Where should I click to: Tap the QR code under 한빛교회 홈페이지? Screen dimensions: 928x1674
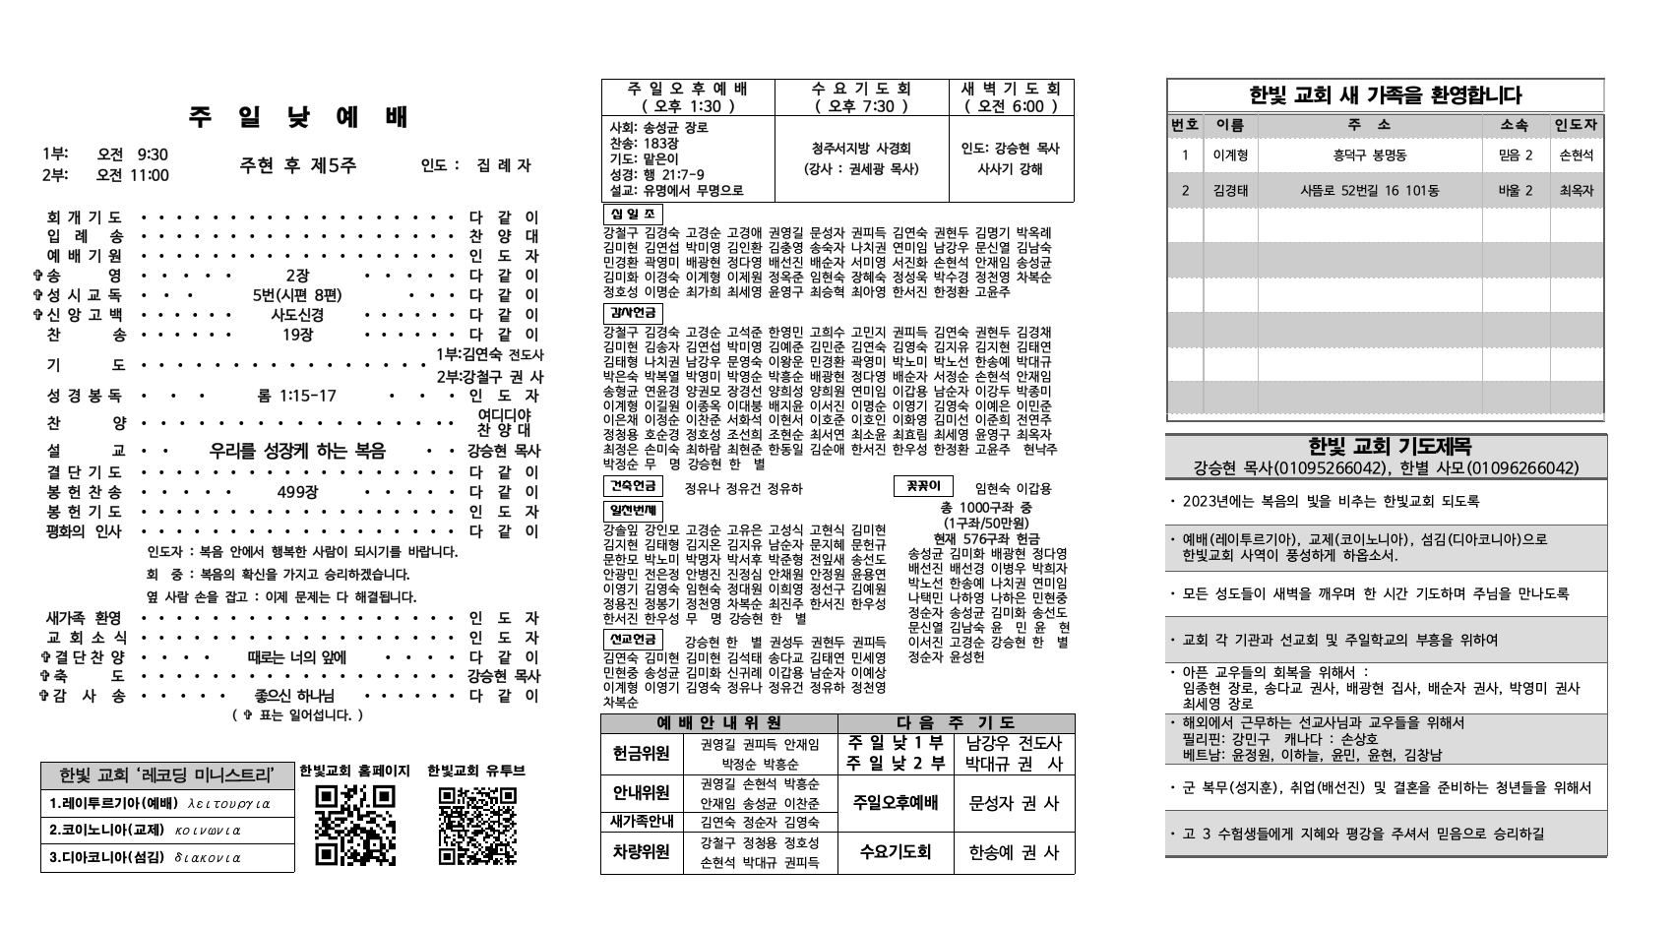(x=355, y=825)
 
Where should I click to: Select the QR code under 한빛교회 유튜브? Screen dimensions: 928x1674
(x=476, y=825)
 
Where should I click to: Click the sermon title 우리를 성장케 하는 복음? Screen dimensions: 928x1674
(x=297, y=451)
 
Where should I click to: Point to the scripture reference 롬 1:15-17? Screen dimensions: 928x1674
(x=296, y=396)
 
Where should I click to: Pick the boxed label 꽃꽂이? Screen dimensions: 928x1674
(x=923, y=485)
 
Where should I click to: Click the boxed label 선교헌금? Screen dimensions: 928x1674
(x=632, y=639)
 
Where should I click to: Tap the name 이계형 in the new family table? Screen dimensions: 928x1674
(x=1230, y=155)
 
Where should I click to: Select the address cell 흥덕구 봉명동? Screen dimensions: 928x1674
(x=1370, y=155)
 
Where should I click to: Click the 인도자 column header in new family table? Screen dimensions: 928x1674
(x=1576, y=125)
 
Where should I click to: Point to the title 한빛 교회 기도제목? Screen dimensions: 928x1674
(x=1386, y=447)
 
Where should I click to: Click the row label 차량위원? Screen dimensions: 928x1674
(x=642, y=851)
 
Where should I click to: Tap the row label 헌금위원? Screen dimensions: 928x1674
(x=642, y=753)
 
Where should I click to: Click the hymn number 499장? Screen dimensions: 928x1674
(x=297, y=492)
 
